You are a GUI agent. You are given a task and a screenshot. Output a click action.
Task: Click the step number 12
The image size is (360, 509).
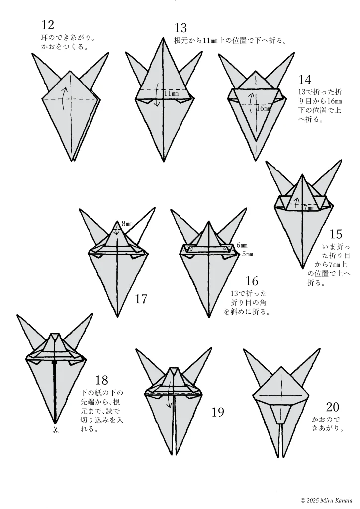click(48, 25)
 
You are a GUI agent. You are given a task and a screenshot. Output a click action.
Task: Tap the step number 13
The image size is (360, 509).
click(180, 28)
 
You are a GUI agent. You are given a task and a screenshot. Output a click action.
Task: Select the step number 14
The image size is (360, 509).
click(304, 80)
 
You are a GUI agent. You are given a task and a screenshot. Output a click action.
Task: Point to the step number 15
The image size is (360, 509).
click(336, 234)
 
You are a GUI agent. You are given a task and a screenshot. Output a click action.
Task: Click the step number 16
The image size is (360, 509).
click(252, 280)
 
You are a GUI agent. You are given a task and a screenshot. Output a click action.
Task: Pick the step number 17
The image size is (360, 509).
click(141, 299)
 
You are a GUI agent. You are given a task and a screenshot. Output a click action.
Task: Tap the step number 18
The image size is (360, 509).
click(102, 380)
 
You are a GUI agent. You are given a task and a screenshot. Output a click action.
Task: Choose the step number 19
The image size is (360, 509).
click(218, 412)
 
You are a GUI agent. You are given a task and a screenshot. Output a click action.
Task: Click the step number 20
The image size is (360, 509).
click(332, 407)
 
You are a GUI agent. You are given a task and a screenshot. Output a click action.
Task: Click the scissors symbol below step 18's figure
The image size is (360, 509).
click(55, 431)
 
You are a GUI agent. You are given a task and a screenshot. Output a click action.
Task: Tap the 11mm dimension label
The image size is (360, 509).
click(171, 93)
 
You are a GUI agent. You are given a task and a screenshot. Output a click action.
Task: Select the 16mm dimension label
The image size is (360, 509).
click(263, 108)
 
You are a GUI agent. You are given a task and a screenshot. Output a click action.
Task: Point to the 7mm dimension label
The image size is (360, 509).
click(309, 207)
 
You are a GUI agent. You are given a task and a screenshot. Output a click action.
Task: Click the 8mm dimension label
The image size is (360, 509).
click(127, 223)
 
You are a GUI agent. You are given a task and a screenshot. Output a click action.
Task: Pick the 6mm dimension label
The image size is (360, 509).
click(242, 245)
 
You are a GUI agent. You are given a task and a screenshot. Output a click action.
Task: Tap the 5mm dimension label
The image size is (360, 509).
click(247, 254)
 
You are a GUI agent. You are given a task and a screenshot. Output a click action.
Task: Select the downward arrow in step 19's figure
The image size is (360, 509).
click(169, 399)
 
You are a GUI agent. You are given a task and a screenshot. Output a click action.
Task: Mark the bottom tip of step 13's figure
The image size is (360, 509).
click(163, 161)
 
